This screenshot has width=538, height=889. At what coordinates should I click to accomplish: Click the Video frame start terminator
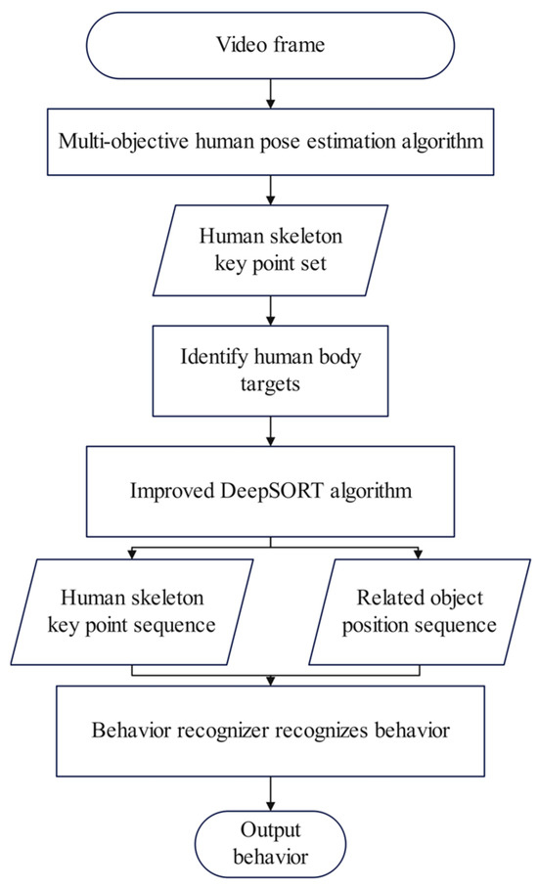269,46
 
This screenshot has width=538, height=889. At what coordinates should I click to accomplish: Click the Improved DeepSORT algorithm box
269,489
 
